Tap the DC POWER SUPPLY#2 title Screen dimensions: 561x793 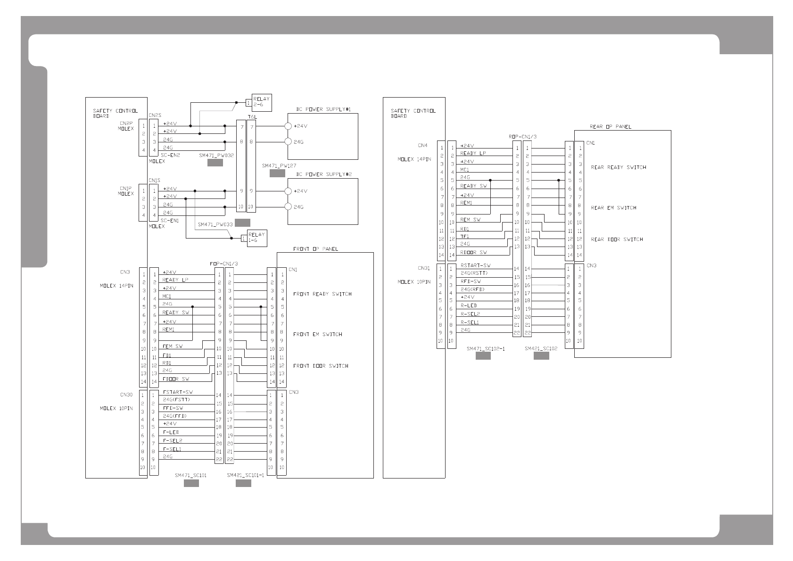(x=327, y=174)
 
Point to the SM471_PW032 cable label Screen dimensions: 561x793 (x=216, y=155)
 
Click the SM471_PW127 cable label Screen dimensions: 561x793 (x=279, y=166)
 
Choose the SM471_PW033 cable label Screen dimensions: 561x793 (x=215, y=224)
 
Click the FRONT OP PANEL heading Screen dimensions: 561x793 (x=315, y=249)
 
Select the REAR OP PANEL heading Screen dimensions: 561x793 (x=610, y=126)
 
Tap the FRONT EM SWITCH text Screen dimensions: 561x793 (x=317, y=334)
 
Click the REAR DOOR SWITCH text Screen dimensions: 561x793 (x=617, y=239)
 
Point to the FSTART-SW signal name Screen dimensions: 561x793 (x=178, y=392)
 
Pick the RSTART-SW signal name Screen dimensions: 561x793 (x=475, y=265)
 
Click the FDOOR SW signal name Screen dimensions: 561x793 (x=175, y=379)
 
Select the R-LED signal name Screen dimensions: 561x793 (x=469, y=305)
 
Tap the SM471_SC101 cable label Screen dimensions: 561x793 (x=190, y=475)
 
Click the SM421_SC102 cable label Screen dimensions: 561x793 (x=541, y=348)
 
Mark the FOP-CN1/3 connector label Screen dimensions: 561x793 (x=223, y=264)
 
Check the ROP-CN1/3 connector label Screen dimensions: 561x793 (x=522, y=137)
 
